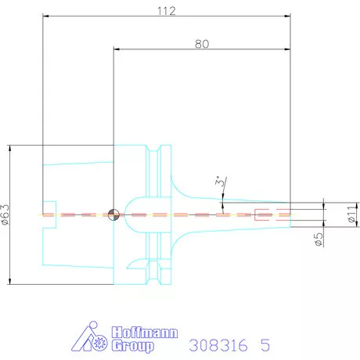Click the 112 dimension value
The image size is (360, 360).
tap(165, 11)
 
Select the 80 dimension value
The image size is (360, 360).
tap(202, 45)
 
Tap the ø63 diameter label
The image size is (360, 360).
tap(6, 214)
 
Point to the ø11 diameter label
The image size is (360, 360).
tap(351, 213)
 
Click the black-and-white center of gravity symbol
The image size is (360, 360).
tap(114, 214)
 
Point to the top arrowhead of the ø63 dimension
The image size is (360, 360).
tap(11, 146)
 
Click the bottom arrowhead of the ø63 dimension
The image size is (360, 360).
tap(11, 282)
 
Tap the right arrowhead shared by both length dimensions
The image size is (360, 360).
tap(289, 50)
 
